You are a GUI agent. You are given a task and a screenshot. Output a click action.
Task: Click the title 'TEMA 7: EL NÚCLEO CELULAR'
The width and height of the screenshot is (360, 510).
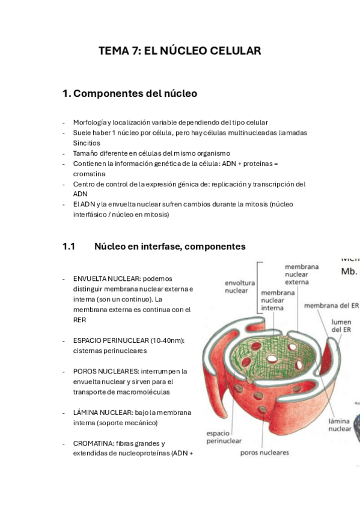180,51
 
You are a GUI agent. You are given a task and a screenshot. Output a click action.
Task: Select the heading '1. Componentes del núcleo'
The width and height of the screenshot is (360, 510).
130,94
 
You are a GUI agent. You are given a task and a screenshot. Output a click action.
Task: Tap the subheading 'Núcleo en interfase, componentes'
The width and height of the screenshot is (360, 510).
169,247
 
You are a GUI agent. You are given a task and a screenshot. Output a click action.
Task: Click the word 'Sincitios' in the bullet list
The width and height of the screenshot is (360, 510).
87,143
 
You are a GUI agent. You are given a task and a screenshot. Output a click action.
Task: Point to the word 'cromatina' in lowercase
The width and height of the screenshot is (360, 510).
89,174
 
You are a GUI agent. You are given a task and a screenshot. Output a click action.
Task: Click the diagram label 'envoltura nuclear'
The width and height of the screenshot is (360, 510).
240,286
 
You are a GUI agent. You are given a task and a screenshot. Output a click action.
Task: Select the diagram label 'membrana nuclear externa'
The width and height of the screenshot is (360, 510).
302,274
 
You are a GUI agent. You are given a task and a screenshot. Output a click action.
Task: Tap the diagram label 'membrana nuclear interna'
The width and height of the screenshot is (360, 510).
278,300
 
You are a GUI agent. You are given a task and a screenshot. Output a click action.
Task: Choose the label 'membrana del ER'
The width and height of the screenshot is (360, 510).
331,306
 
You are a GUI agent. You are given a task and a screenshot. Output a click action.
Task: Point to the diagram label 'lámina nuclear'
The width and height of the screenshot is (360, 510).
340,425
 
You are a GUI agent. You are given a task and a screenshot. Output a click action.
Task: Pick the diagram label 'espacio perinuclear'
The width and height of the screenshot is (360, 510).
224,437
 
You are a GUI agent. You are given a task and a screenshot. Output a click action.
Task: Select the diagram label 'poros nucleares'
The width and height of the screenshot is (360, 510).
264,452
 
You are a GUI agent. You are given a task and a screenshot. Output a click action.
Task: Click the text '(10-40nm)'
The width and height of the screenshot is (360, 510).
168,340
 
